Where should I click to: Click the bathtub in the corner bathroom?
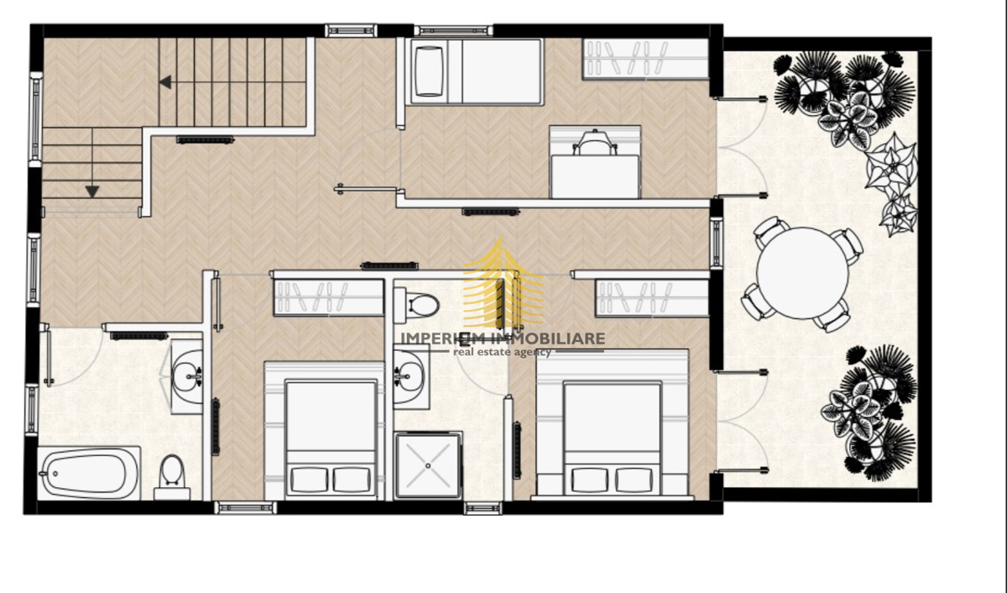(89, 473)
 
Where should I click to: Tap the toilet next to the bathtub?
(173, 476)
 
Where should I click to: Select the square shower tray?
(428, 465)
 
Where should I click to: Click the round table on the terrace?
(803, 274)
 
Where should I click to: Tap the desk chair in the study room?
(595, 142)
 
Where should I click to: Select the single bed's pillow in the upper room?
(430, 71)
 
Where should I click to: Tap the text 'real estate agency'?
(502, 352)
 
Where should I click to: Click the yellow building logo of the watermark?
(503, 282)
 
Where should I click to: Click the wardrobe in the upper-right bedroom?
(645, 59)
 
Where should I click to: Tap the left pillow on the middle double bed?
(310, 480)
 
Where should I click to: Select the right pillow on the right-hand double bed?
(633, 480)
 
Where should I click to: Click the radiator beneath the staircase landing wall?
(205, 139)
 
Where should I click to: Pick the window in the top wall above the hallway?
(351, 30)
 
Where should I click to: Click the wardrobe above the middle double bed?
(329, 297)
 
